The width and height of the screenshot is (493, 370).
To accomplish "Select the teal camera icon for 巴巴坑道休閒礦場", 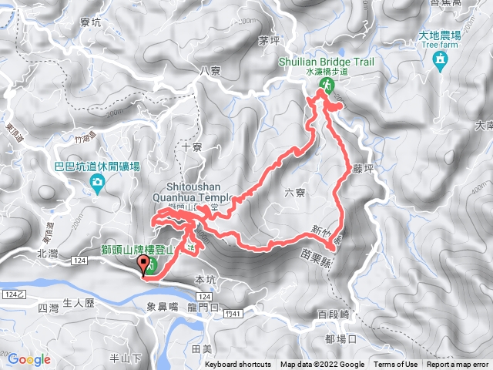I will click(x=98, y=182).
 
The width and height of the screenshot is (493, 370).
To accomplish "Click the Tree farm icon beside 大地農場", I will click(x=440, y=59).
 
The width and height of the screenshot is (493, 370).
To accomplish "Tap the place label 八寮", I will click(x=210, y=71).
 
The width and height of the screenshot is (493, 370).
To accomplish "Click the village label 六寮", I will click(x=295, y=194).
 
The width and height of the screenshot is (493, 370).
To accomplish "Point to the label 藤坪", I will click(x=362, y=166).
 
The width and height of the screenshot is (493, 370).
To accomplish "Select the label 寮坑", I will click(x=90, y=24).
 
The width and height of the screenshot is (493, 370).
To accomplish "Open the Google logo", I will click(x=29, y=359).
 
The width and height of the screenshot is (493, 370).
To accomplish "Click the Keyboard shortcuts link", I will click(x=238, y=365).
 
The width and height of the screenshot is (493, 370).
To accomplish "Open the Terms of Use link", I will click(x=396, y=365).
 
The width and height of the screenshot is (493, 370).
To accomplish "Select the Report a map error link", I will click(x=458, y=365).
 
